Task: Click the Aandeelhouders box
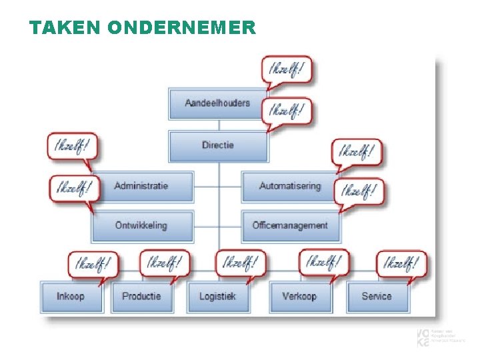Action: click(217, 103)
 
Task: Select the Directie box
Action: click(217, 145)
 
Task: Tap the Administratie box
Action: click(141, 186)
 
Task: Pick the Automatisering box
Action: click(289, 186)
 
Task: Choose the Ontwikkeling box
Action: click(141, 225)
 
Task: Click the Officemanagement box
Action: click(289, 225)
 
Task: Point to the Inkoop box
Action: click(71, 296)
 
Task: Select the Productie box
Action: click(141, 296)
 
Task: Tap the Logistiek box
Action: click(217, 296)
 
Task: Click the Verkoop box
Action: click(299, 296)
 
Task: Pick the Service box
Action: click(377, 296)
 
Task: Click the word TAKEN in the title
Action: click(63, 27)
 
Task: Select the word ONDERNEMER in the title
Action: click(180, 27)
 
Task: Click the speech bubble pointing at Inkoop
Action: click(93, 263)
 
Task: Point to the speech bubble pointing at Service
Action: click(401, 263)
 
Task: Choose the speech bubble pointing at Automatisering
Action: click(357, 152)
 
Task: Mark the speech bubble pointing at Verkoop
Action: click(323, 262)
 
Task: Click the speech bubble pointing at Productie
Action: click(164, 263)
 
